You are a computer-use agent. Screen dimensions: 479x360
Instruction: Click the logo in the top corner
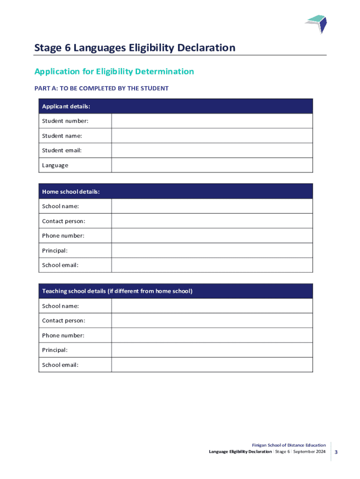tap(316, 24)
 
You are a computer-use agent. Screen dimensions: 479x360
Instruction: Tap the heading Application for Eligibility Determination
tap(114, 72)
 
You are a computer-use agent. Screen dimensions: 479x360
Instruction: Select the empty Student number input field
tap(212, 121)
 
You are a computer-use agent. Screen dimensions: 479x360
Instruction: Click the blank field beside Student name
tap(212, 136)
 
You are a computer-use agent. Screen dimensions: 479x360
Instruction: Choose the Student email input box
tap(212, 150)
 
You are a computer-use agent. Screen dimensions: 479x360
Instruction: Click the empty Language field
tap(212, 165)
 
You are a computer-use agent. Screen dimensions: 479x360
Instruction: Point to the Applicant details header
tap(66, 106)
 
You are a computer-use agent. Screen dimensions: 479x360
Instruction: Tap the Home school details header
tap(71, 191)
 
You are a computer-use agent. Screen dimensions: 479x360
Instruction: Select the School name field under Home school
tap(212, 206)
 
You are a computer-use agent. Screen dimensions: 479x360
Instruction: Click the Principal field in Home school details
tap(212, 250)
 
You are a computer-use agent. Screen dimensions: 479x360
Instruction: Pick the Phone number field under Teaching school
tap(212, 335)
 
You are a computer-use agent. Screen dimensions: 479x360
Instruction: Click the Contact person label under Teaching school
tap(64, 321)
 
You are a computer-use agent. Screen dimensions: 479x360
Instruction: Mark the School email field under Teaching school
tap(212, 365)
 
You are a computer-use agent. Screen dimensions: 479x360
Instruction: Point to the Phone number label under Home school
tap(63, 236)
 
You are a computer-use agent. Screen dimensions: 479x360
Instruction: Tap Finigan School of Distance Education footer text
tap(289, 445)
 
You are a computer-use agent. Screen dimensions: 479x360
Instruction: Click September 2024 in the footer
tap(310, 452)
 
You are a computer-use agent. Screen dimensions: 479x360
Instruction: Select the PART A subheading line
tap(101, 88)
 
